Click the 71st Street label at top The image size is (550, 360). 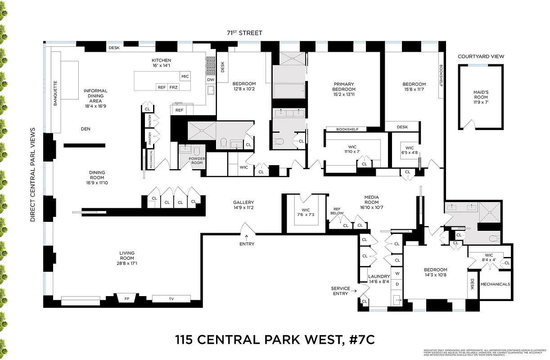point(245,33)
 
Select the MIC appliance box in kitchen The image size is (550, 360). point(185,76)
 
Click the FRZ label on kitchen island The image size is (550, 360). point(173,87)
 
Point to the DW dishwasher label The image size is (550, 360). point(211,80)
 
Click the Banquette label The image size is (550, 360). point(56,93)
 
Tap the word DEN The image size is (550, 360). point(86,129)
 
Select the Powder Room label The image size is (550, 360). point(197,160)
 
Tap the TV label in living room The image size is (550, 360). point(171,299)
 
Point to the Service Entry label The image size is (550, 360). point(341,291)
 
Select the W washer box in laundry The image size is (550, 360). point(397,273)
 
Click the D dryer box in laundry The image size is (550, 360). point(397,284)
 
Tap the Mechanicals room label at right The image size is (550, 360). point(496,284)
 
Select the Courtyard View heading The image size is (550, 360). point(481,57)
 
